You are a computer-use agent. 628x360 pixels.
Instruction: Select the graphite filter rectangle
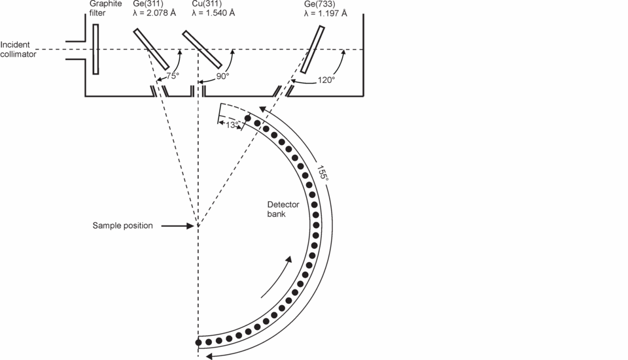click(96, 49)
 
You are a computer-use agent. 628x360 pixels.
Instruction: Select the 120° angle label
click(325, 79)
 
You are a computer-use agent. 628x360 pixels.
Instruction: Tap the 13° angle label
click(230, 124)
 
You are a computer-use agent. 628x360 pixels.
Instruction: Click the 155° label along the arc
click(322, 173)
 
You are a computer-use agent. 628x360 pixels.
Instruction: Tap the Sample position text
click(122, 225)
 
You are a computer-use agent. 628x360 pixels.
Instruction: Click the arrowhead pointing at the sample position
click(191, 226)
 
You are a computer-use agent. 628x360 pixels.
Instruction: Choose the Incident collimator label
click(18, 50)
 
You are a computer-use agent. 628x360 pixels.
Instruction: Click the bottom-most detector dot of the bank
click(198, 342)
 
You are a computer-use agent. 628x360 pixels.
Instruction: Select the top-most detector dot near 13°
click(248, 119)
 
